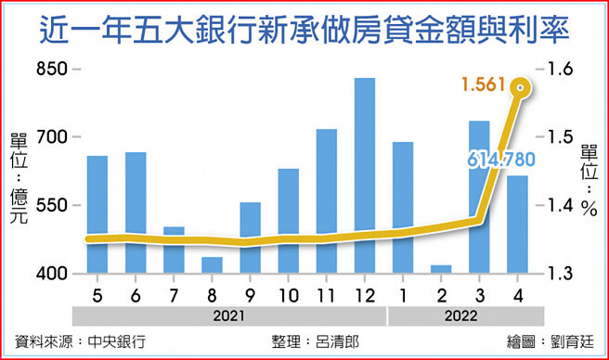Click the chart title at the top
point(304,32)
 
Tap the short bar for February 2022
point(441,269)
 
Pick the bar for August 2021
point(212,265)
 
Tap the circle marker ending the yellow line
point(522,89)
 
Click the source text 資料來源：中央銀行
point(81,341)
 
